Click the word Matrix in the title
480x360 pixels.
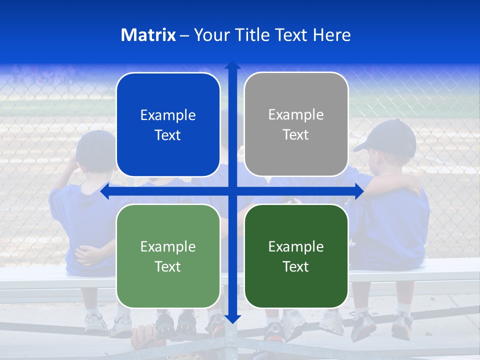pos(148,35)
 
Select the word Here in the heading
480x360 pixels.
pos(331,35)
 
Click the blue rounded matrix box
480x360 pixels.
pos(168,124)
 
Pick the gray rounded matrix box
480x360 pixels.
pos(296,124)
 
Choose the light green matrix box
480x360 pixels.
pos(168,256)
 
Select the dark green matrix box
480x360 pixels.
pos(296,256)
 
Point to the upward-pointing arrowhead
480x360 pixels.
pos(232,65)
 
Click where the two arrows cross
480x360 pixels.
pos(232,191)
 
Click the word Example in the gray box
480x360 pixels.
pos(296,114)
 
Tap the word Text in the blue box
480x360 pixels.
pos(168,135)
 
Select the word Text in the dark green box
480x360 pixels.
pos(296,267)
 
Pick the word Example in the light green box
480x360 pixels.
pos(168,246)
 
